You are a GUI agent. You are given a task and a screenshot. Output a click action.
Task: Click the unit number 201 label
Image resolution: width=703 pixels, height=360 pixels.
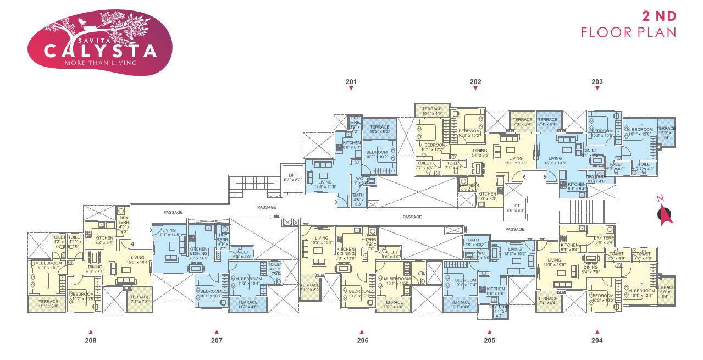tap(351, 82)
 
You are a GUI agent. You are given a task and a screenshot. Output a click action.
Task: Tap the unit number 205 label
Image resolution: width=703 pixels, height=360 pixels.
tap(489, 340)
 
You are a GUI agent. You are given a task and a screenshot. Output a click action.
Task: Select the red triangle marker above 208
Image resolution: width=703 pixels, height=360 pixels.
tap(91, 332)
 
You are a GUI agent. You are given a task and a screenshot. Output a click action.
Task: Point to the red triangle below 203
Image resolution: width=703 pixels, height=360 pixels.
tap(597, 88)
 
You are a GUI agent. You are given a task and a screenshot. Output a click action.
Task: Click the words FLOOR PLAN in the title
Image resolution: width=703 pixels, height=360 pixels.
tap(628, 33)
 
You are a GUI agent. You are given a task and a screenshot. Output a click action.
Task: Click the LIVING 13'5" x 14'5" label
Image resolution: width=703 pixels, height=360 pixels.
tap(325, 184)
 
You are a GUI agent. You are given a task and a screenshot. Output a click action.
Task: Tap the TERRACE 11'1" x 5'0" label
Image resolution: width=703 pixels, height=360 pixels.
tap(47, 304)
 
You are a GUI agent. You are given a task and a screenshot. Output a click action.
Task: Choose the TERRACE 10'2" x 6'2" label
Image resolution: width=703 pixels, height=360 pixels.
tap(380, 129)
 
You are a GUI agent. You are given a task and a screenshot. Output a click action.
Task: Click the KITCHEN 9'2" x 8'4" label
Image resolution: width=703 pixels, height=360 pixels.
tap(103, 240)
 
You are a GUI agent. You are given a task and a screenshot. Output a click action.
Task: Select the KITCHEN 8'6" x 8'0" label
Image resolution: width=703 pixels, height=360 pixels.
tap(495, 291)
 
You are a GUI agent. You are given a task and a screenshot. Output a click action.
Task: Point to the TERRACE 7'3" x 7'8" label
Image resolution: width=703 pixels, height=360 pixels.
tap(140, 299)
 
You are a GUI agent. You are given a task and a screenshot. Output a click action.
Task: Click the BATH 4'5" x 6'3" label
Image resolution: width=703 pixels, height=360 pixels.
tap(358, 199)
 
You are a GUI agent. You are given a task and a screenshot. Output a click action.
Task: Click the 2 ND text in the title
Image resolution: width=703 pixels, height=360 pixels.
tap(659, 15)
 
